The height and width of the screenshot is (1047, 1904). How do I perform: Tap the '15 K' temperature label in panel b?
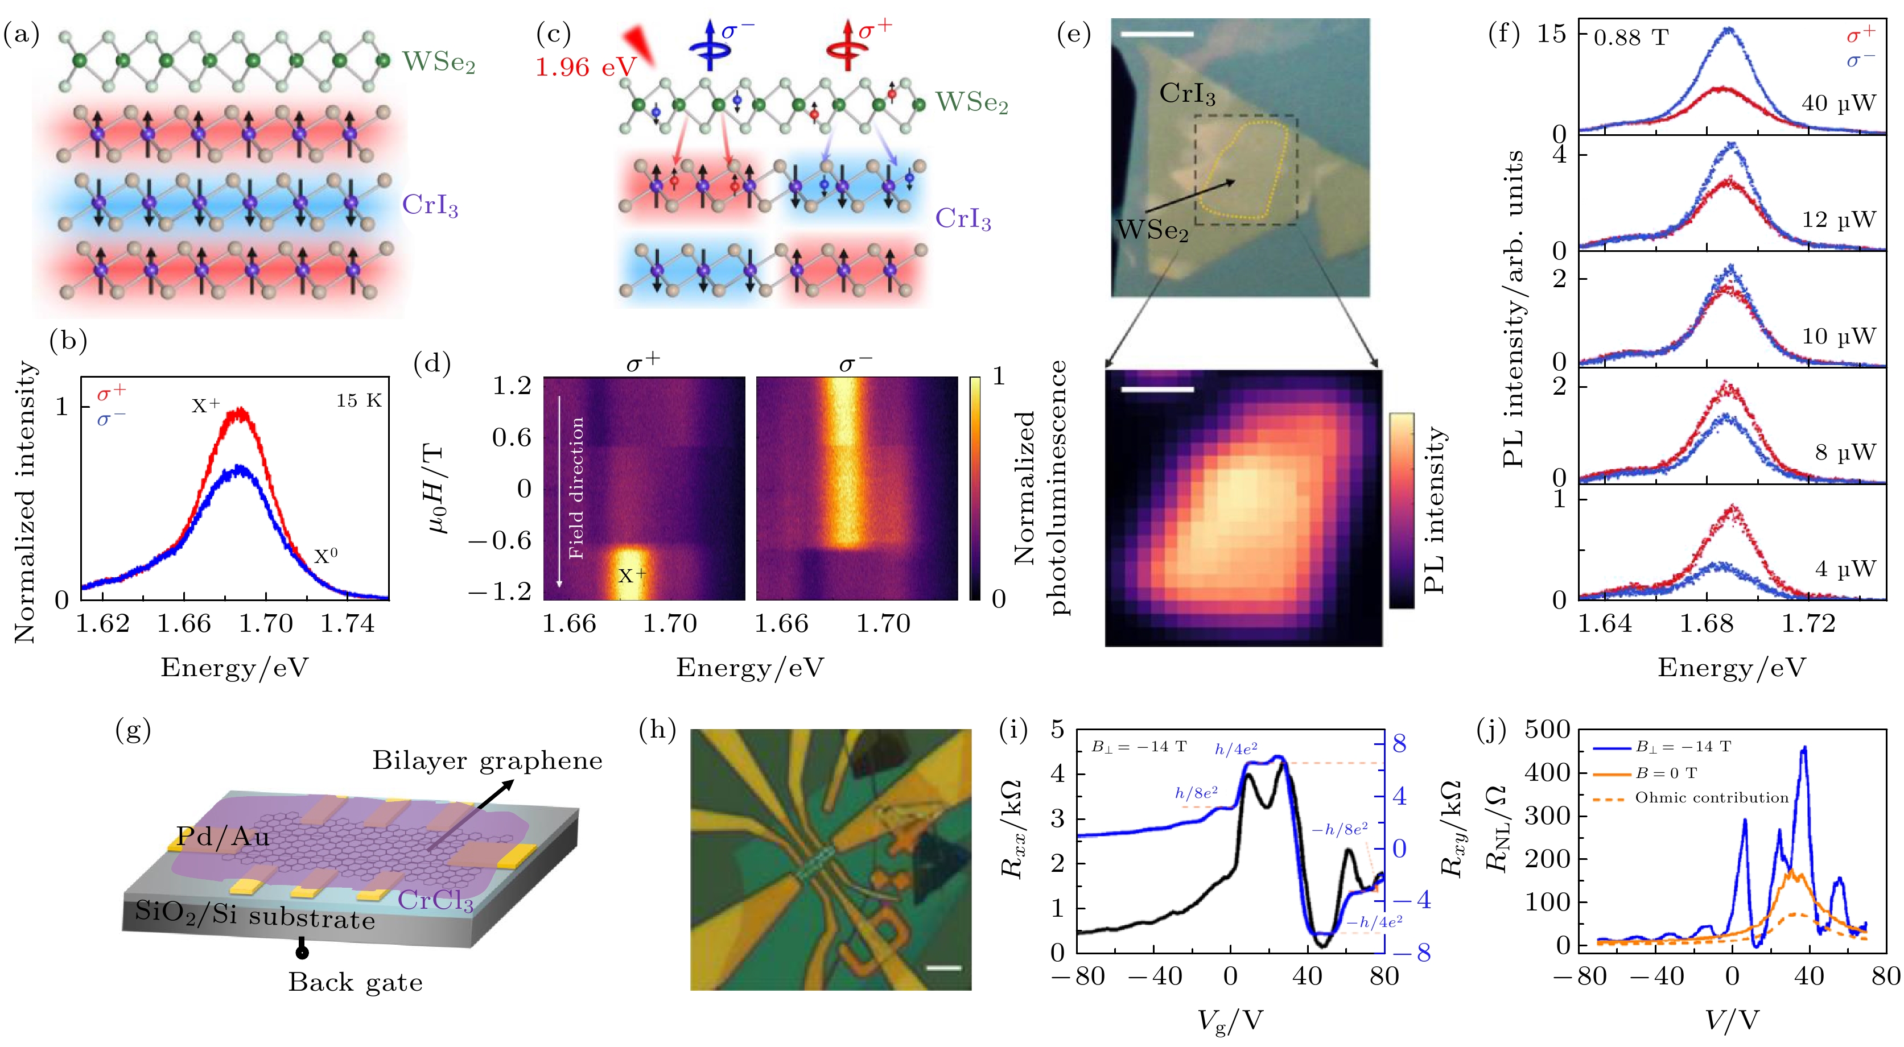(358, 400)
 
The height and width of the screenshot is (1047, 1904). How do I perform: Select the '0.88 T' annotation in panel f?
(1630, 38)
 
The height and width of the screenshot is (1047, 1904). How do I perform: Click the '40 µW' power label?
(1838, 103)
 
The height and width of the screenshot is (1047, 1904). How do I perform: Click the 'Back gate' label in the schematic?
(356, 982)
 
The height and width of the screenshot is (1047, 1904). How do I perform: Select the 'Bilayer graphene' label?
(487, 760)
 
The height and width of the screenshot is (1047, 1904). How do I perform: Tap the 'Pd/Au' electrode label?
(222, 837)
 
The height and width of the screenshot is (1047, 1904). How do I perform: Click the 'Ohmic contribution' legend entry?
(1711, 797)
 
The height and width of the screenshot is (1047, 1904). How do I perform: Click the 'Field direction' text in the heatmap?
(576, 487)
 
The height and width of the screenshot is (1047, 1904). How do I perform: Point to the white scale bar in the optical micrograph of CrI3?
(1157, 34)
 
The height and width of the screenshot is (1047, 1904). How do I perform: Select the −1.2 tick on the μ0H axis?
(505, 591)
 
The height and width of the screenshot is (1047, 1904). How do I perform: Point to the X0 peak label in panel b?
(326, 556)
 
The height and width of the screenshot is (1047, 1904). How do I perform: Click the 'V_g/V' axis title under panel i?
(1230, 1020)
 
